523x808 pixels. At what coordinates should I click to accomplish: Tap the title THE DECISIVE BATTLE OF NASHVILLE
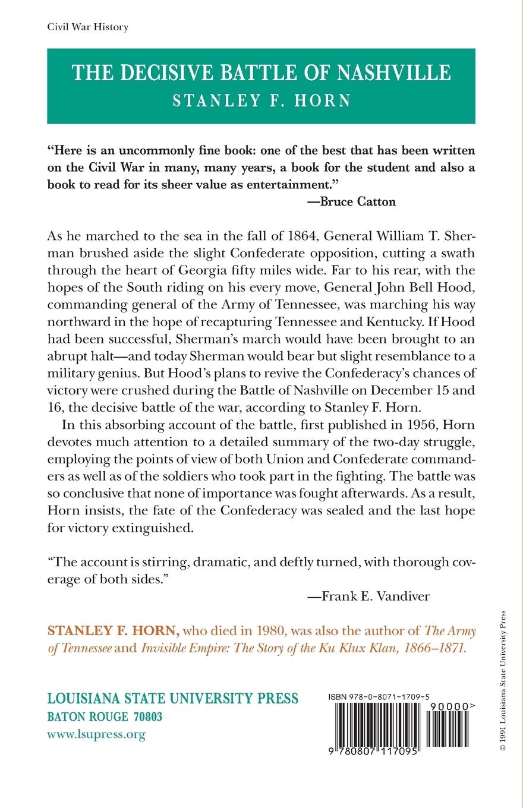[261, 73]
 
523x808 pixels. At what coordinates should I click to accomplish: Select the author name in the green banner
[261, 100]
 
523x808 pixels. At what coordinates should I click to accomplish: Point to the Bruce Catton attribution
[351, 201]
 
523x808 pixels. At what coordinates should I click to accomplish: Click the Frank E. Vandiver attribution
[368, 596]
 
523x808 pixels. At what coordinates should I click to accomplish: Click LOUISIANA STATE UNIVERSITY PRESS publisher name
[172, 699]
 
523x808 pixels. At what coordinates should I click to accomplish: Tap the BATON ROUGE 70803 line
[105, 717]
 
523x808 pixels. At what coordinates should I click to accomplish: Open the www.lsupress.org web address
[96, 735]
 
